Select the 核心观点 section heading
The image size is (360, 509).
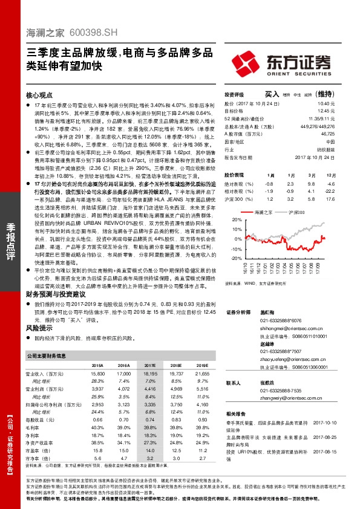40,96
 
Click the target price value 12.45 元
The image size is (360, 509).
326,111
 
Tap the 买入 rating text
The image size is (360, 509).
272,94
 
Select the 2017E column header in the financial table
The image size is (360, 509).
149,366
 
